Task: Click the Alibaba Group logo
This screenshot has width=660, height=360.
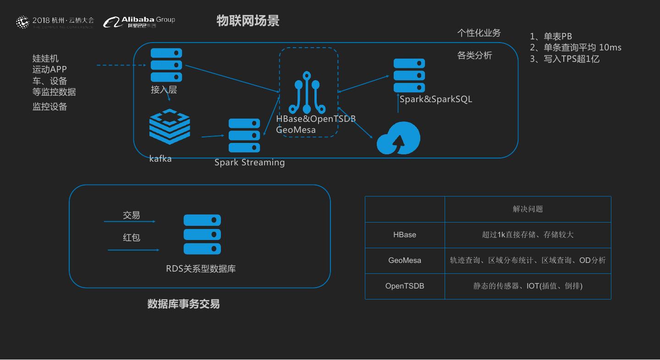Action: pyautogui.click(x=139, y=22)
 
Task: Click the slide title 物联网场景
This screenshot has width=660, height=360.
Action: pyautogui.click(x=247, y=21)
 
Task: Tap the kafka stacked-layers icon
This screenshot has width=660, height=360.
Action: pyautogui.click(x=170, y=127)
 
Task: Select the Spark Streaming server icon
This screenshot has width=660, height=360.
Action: pyautogui.click(x=244, y=136)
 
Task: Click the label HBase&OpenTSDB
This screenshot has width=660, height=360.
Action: pyautogui.click(x=316, y=119)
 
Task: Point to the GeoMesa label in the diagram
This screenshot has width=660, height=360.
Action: pyautogui.click(x=296, y=130)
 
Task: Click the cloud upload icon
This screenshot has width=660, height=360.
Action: pyautogui.click(x=398, y=138)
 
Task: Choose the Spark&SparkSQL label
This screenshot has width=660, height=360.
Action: pyautogui.click(x=435, y=99)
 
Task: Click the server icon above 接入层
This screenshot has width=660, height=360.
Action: pyautogui.click(x=166, y=65)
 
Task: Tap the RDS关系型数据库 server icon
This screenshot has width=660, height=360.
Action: pyautogui.click(x=202, y=235)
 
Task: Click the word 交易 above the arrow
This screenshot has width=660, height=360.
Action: pyautogui.click(x=132, y=215)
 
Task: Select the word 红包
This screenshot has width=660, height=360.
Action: pyautogui.click(x=132, y=238)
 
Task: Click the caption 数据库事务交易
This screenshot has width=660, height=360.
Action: pyautogui.click(x=183, y=304)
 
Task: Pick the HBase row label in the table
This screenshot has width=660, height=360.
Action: pyautogui.click(x=405, y=235)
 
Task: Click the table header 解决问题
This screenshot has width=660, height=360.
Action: pyautogui.click(x=528, y=209)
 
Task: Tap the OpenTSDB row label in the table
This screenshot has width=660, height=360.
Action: pyautogui.click(x=405, y=286)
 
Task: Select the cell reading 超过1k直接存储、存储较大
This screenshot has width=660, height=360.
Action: pyautogui.click(x=528, y=235)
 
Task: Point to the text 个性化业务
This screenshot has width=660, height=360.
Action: pyautogui.click(x=479, y=33)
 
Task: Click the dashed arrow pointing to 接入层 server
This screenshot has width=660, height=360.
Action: pyautogui.click(x=121, y=65)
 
